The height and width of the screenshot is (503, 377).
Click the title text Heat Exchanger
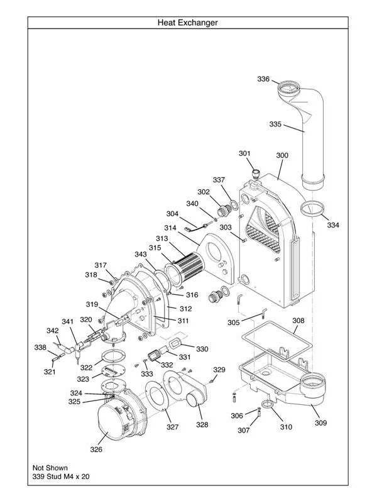pos(188,23)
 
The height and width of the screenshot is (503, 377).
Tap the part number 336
pos(263,79)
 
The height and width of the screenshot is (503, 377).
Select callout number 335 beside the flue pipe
pos(275,124)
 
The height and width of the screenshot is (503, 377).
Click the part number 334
pos(333,225)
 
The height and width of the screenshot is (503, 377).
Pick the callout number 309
pos(320,423)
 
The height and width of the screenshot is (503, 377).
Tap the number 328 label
pos(202,424)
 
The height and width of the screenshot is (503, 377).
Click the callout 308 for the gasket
pos(298,321)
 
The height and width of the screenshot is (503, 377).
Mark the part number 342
pos(53,331)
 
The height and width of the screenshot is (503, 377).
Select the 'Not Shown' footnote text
pos(50,468)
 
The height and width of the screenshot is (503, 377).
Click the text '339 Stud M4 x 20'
pos(62,477)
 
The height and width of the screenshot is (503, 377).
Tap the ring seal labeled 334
pos(312,209)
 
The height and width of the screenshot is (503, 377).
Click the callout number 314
pos(170,228)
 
